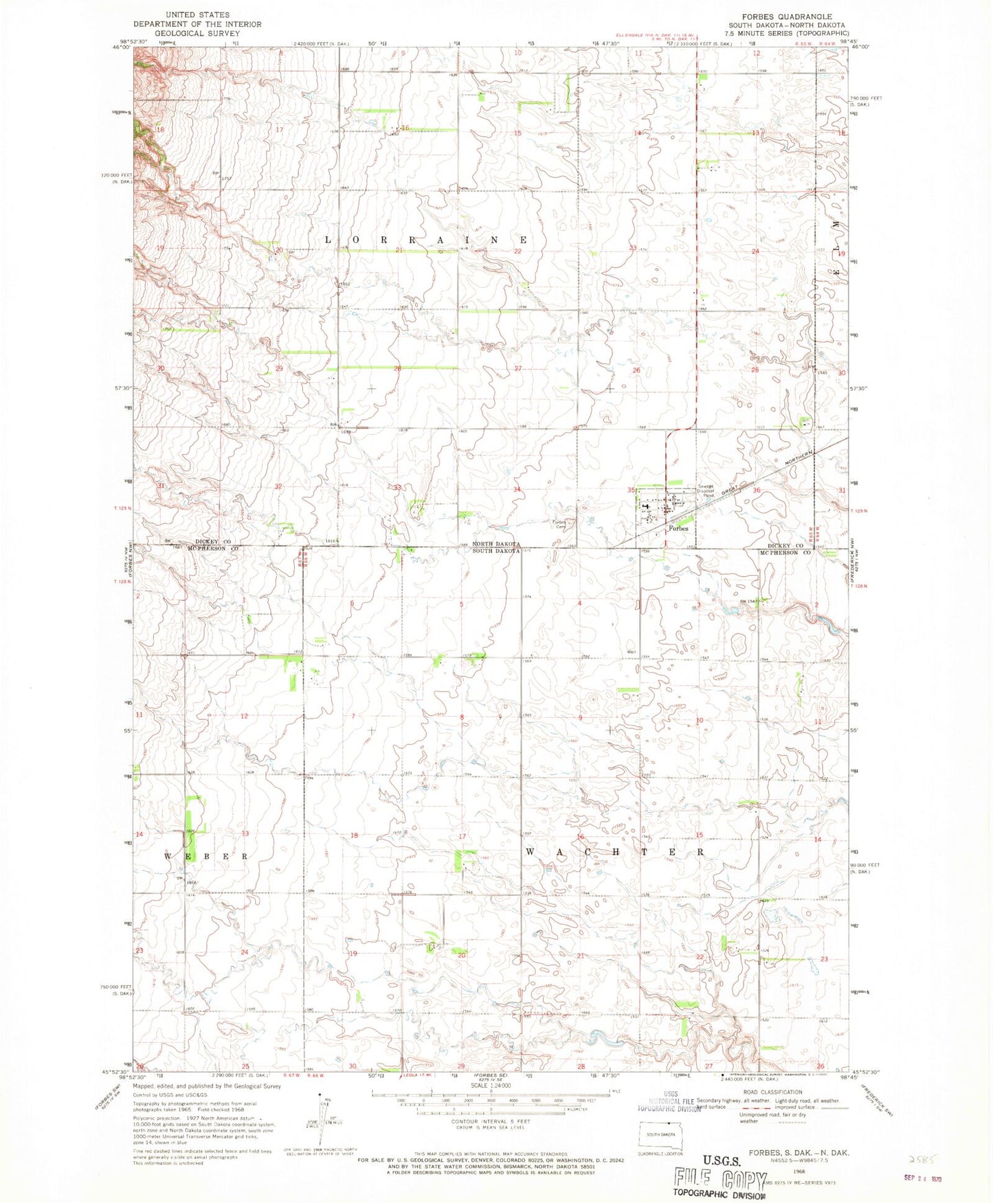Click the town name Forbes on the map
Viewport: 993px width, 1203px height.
[678, 528]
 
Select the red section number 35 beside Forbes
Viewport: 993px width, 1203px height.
[631, 490]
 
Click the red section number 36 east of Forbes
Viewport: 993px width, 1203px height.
[757, 490]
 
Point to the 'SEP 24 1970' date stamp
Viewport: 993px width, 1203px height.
[922, 1179]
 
